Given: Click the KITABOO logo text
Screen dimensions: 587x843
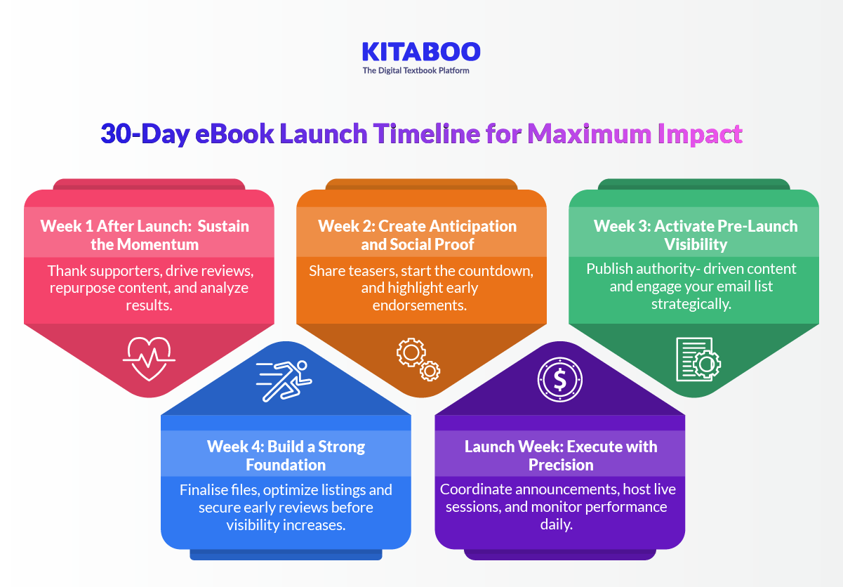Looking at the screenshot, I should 421,51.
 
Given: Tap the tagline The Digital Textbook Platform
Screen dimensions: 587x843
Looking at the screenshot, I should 416,71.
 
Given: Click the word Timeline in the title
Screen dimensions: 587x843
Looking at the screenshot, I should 425,133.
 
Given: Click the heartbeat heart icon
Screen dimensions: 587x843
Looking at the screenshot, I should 149,358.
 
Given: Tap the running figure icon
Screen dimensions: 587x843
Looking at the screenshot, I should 284,381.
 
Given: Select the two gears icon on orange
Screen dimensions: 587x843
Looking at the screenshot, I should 418,360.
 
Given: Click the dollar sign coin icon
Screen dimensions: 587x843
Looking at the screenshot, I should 559,380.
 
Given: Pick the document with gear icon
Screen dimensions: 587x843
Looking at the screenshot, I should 698,360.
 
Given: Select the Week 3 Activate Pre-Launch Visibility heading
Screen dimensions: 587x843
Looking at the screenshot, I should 696,235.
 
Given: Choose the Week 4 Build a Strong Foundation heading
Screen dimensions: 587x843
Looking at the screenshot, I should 286,456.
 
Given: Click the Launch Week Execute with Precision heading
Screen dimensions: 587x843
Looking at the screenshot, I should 561,456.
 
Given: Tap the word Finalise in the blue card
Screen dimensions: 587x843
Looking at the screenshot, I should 204,489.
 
